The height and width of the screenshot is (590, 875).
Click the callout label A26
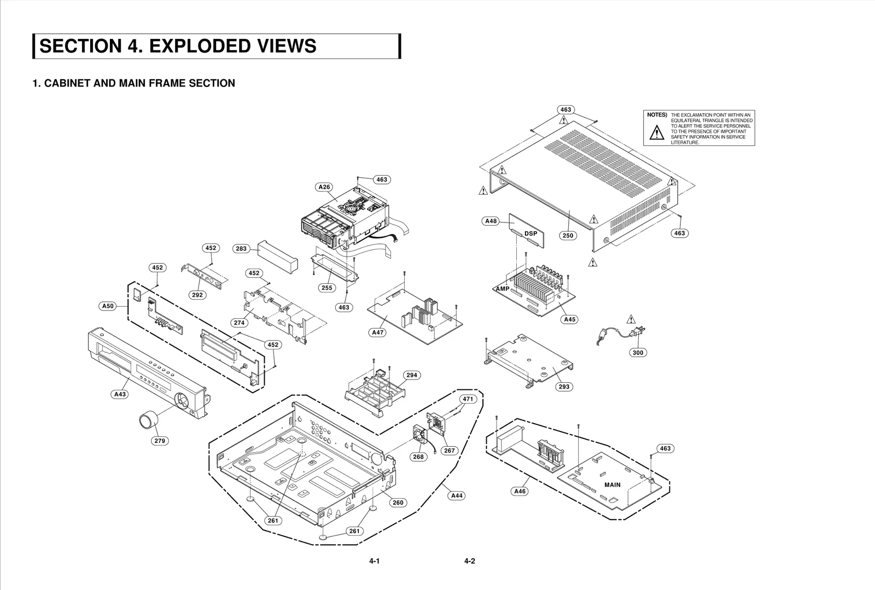[x=324, y=187]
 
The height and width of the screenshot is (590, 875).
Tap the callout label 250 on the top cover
[x=568, y=236]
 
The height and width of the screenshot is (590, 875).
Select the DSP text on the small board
[x=530, y=233]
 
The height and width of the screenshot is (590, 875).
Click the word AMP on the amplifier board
[x=503, y=289]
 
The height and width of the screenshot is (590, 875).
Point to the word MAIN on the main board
[x=612, y=485]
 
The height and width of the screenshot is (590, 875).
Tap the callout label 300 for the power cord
[x=638, y=353]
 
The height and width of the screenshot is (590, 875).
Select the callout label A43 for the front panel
[x=120, y=394]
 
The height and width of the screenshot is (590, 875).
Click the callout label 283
[x=241, y=249]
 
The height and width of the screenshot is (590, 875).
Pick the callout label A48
[x=491, y=221]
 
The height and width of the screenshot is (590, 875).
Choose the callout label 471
[x=468, y=399]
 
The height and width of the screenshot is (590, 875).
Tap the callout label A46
[x=520, y=492]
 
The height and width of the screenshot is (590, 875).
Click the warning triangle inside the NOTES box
[x=656, y=132]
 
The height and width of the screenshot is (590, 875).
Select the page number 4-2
[x=469, y=561]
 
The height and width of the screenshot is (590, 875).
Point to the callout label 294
[x=412, y=375]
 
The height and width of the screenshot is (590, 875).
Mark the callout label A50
[x=108, y=306]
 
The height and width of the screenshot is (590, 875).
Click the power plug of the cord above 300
[x=639, y=331]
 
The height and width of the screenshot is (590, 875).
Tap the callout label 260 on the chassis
[x=398, y=503]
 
